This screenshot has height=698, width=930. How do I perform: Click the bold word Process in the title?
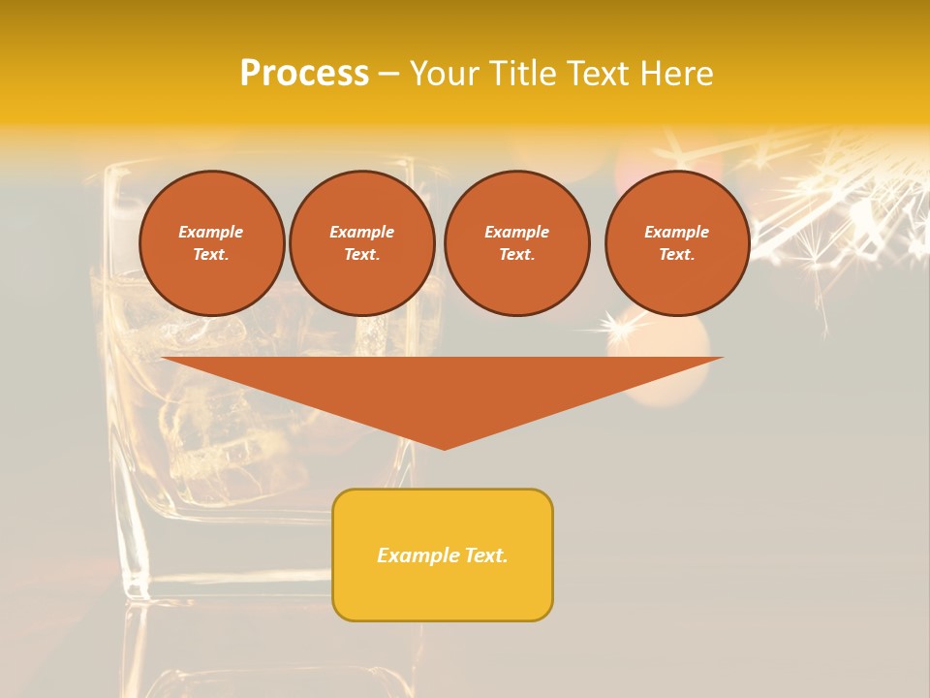coord(304,73)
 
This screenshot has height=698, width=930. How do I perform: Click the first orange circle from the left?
coord(211,242)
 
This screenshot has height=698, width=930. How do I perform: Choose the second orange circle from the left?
coord(361,242)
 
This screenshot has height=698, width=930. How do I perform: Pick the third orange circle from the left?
coord(516,242)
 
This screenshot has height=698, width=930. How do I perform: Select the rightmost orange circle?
coord(676,242)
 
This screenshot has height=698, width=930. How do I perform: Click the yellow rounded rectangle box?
coord(443,555)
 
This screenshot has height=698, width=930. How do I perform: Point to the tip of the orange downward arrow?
coord(445,448)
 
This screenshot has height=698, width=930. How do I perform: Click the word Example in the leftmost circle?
coord(211,232)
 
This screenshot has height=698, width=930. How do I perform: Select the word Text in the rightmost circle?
coord(676,255)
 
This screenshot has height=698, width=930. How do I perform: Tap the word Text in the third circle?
coord(516,255)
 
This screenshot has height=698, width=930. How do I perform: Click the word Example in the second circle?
coord(361,232)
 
